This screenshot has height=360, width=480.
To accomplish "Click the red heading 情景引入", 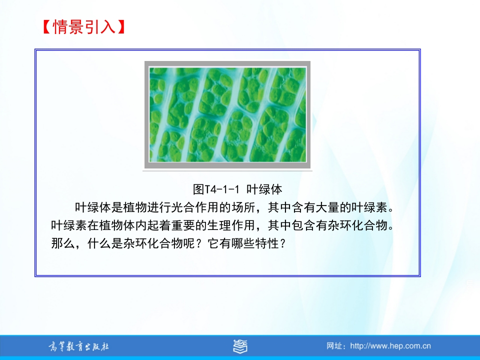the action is pyautogui.click(x=84, y=27).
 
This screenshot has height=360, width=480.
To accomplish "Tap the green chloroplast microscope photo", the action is pyautogui.click(x=227, y=115).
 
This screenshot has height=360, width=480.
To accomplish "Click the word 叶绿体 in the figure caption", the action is pyautogui.click(x=264, y=189).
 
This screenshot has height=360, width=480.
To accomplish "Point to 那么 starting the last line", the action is pyautogui.click(x=63, y=243).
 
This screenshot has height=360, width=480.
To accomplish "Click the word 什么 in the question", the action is pyautogui.click(x=99, y=243).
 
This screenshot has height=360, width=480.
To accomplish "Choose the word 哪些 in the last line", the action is pyautogui.click(x=243, y=243).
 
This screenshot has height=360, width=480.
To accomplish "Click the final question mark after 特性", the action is pyautogui.click(x=282, y=243).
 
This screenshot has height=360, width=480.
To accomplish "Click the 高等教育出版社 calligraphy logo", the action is pyautogui.click(x=78, y=346).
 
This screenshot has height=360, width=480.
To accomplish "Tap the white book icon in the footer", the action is pyautogui.click(x=240, y=346).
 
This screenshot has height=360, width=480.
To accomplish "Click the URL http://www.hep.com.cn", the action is pyautogui.click(x=390, y=346).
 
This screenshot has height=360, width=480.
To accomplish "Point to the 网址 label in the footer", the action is pyautogui.click(x=334, y=346).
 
